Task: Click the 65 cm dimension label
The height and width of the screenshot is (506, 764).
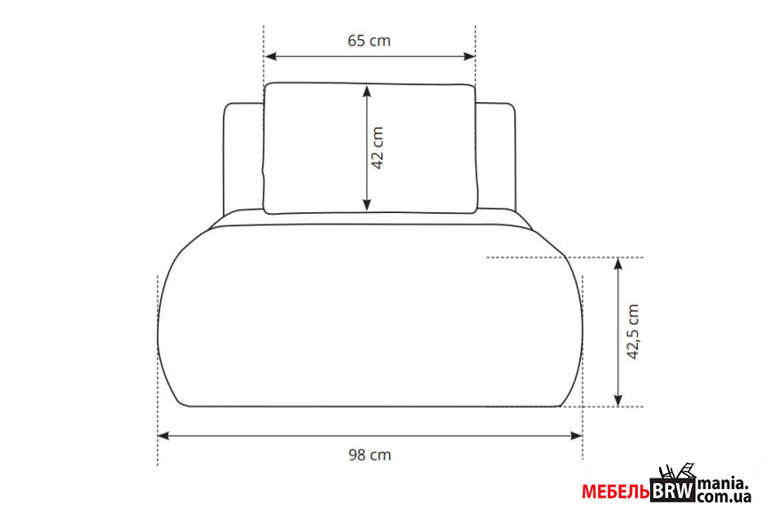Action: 369,41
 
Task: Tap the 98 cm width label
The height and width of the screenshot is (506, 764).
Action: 370,455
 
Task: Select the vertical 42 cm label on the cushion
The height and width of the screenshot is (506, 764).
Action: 378,148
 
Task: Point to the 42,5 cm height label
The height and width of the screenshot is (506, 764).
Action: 633,332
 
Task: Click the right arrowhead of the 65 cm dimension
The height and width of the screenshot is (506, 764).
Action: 469,57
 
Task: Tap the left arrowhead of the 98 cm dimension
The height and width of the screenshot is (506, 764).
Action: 163,435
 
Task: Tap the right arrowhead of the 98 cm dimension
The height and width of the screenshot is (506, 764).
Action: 577,435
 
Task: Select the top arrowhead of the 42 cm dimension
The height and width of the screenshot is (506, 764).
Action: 367,91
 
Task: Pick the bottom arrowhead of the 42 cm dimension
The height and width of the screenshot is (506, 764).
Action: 367,205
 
